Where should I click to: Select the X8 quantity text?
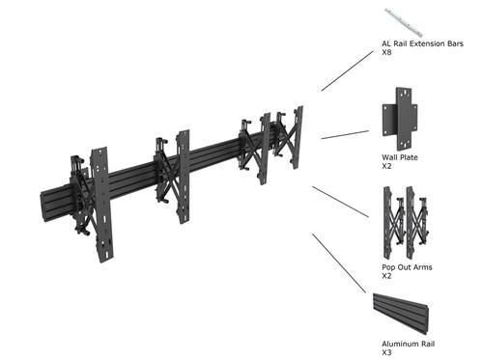point(387,52)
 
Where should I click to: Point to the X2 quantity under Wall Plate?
point(386,166)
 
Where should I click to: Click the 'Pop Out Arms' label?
point(406,266)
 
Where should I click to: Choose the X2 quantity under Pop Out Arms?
point(386,276)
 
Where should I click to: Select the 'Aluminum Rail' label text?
point(407,344)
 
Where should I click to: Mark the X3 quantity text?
point(386,352)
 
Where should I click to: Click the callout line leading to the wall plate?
point(344,133)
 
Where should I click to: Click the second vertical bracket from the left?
point(182,174)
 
